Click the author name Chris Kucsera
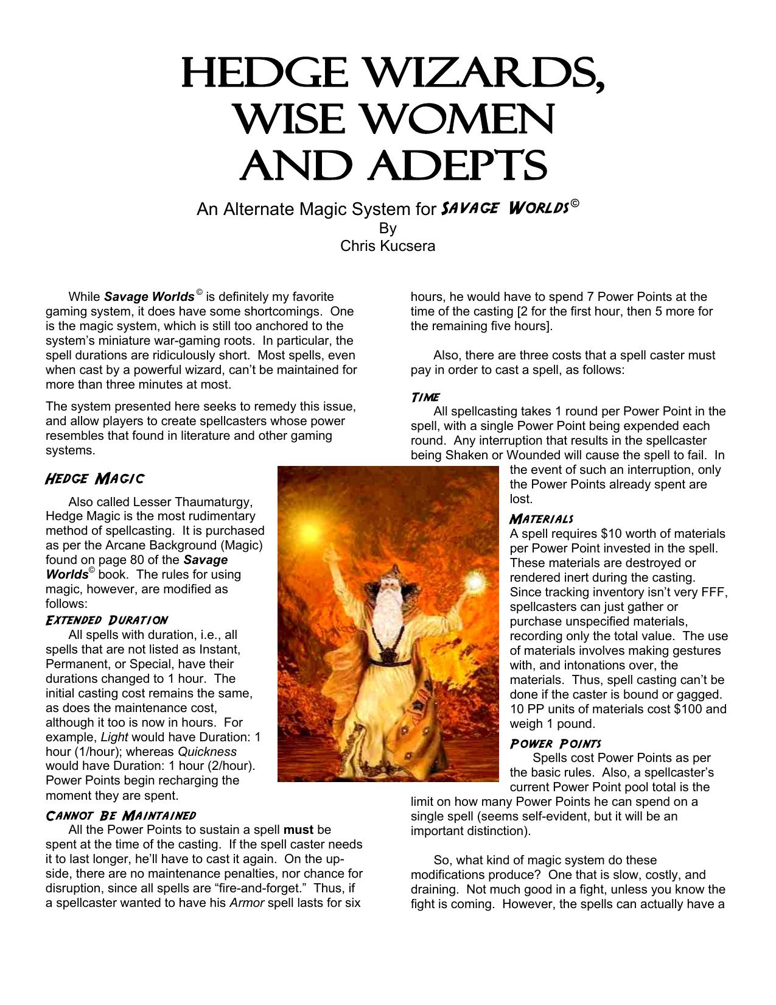click(x=388, y=246)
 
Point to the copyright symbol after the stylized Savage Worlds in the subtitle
click(x=575, y=204)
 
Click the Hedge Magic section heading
click(x=95, y=479)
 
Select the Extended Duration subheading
click(x=107, y=620)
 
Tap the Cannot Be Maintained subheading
click(x=121, y=816)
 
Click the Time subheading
click(x=425, y=397)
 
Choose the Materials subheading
click(x=542, y=519)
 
